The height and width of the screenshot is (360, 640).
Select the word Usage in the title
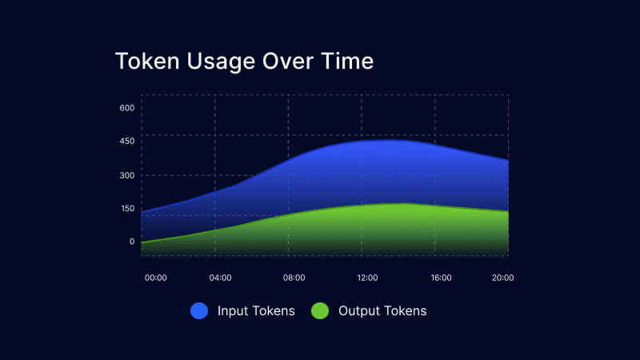point(215,62)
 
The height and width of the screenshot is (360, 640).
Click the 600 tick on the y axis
point(126,107)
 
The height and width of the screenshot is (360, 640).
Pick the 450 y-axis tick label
point(126,141)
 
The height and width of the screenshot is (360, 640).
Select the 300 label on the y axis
point(126,174)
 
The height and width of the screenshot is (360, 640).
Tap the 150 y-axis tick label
point(126,208)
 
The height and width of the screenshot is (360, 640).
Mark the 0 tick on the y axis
point(132,241)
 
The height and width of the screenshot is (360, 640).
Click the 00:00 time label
point(155,278)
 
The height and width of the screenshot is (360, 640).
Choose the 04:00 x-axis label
point(221,278)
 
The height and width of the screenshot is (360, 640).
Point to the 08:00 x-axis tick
point(294,278)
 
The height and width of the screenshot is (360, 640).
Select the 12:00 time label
point(367,278)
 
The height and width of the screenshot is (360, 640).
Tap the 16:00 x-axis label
point(441,278)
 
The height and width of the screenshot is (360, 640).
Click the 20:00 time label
point(502,278)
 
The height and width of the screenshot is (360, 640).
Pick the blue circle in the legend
point(199,311)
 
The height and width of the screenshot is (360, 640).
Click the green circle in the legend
point(320,311)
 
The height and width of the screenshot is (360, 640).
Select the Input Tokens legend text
point(256,311)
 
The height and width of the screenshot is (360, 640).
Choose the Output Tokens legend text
point(382,311)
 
